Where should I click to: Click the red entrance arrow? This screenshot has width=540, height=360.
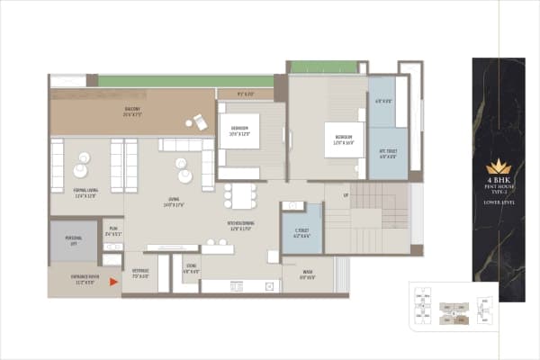click(x=113, y=282)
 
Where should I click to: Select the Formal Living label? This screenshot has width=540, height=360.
click(x=86, y=193)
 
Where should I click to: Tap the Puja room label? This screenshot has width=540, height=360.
click(x=112, y=232)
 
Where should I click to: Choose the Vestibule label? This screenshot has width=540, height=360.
click(x=140, y=273)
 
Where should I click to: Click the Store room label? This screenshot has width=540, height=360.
click(x=192, y=269)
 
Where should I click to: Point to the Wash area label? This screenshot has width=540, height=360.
click(x=308, y=274)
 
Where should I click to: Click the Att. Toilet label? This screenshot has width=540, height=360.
click(x=387, y=154)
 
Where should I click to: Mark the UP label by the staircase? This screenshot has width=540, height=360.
click(x=346, y=194)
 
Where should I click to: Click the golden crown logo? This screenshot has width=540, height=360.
click(x=498, y=166)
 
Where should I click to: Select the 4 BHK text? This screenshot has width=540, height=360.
click(x=498, y=182)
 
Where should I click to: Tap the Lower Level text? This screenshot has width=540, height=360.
click(x=498, y=203)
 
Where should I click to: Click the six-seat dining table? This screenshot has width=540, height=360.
click(x=240, y=195)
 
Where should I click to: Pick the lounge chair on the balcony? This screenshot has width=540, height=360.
click(x=201, y=122)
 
